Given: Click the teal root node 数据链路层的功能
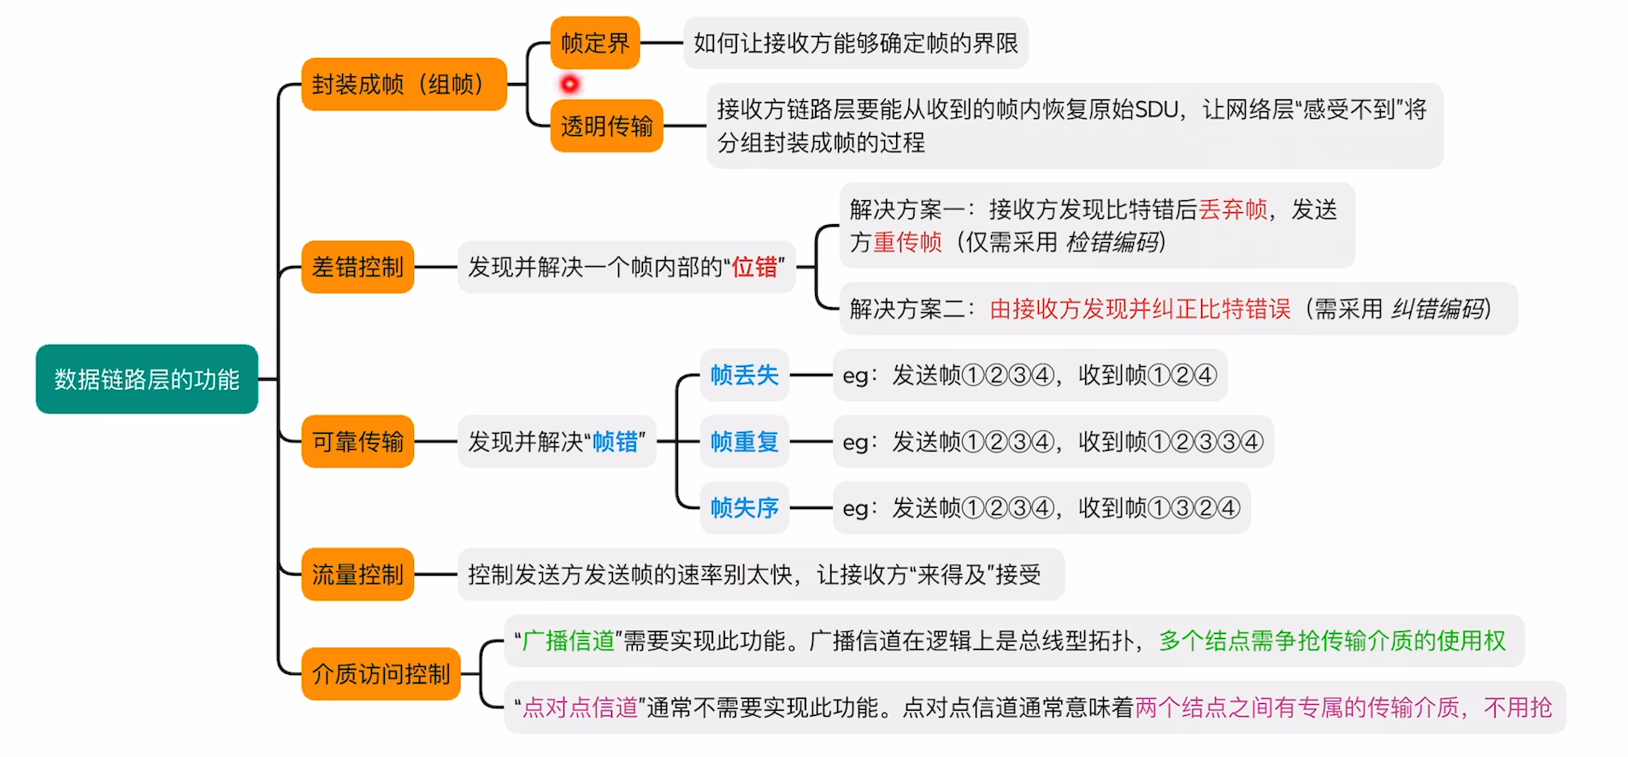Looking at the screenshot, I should [146, 379].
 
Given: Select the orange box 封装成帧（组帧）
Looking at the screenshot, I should [403, 84].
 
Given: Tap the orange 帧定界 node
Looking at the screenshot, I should [595, 43].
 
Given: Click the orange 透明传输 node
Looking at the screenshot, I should [606, 126].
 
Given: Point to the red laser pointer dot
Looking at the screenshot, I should [569, 84].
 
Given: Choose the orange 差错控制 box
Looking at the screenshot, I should [357, 267].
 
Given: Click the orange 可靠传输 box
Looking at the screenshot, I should [357, 441].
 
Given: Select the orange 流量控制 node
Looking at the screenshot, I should [357, 574].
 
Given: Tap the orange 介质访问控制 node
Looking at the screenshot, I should [380, 674].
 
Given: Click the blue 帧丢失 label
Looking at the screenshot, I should [744, 375].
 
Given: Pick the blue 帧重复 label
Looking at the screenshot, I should [744, 441].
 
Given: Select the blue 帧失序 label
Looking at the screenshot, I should [744, 507].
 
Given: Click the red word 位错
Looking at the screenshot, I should [755, 267].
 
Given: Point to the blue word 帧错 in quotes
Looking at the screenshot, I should [615, 441].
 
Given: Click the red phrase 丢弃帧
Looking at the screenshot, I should [1233, 210].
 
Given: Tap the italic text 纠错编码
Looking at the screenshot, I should [1439, 309].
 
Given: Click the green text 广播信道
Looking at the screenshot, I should [569, 641].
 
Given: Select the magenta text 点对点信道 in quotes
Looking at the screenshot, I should [581, 707].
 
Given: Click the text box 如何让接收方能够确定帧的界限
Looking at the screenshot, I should [855, 43].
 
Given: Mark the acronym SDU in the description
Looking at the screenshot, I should [1157, 109].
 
